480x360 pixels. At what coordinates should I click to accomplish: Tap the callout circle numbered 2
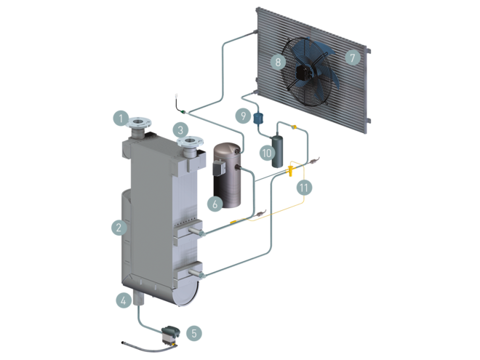(x=118, y=228)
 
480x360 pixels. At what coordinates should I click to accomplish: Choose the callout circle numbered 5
(x=193, y=332)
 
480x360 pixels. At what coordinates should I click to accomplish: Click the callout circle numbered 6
(x=214, y=204)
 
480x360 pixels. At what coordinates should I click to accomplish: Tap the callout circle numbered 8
(x=277, y=62)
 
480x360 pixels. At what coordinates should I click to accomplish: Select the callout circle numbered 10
(x=266, y=153)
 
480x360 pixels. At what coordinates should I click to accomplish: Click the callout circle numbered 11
(x=305, y=187)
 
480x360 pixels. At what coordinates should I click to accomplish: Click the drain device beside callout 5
(x=171, y=332)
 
